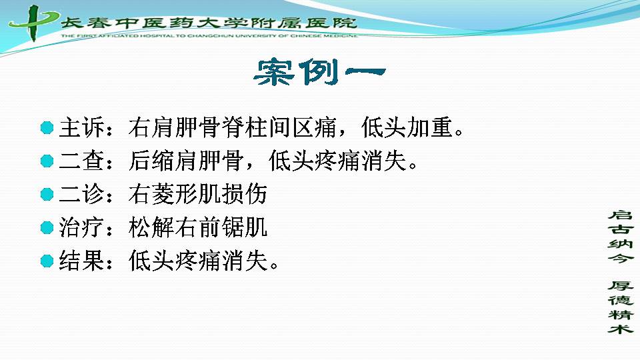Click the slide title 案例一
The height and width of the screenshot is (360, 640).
[x=319, y=72]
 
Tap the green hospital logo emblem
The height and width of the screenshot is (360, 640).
[x=33, y=23]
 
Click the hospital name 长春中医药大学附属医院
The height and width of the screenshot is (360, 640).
[x=209, y=23]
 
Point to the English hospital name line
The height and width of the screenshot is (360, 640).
[x=209, y=35]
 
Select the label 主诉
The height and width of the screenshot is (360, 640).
[x=82, y=127]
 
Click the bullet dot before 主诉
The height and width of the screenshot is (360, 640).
[x=47, y=128]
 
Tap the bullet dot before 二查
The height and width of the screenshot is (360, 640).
[x=47, y=161]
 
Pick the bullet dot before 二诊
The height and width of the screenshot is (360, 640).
[x=47, y=194]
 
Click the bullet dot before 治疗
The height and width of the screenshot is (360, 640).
[x=47, y=227]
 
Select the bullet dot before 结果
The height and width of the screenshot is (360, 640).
[x=47, y=261]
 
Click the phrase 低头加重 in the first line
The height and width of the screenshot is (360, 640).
[x=407, y=127]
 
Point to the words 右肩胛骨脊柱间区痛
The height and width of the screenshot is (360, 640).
[x=232, y=127]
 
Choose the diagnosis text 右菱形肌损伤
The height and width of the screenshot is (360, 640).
[x=198, y=194]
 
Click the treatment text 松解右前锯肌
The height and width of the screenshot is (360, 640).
[x=198, y=227]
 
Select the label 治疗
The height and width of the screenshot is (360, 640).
[x=82, y=227]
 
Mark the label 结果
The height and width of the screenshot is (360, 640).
[x=82, y=261]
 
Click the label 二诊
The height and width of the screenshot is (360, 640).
[x=82, y=194]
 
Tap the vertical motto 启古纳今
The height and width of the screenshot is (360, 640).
[x=621, y=236]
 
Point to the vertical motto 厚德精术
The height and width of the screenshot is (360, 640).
[x=621, y=307]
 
